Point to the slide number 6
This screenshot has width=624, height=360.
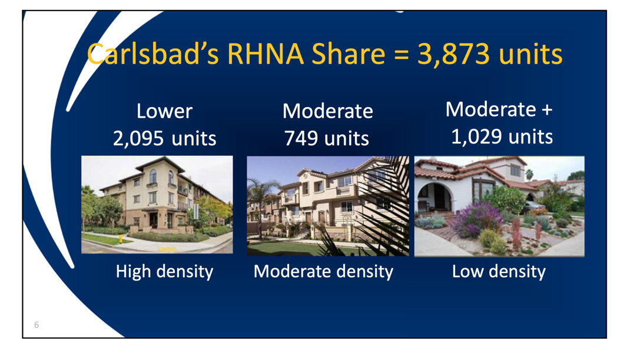(36, 325)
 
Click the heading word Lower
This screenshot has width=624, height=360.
(164, 111)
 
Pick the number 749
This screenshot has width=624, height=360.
(301, 139)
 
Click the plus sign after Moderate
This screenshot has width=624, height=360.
(546, 110)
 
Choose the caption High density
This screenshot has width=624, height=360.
(164, 271)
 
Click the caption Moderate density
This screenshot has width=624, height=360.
(323, 271)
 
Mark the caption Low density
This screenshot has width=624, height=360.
(499, 271)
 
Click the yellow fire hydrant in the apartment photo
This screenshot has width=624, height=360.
(120, 239)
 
